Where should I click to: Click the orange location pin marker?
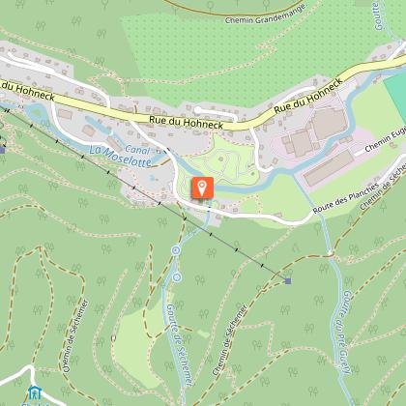click(202, 187)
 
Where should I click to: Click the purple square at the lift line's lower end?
click(287, 280)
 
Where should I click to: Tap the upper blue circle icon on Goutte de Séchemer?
click(176, 250)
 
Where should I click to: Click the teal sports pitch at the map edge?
click(395, 96)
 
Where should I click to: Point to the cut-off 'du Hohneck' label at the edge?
click(12, 86)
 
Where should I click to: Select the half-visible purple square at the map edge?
click(3, 150)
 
